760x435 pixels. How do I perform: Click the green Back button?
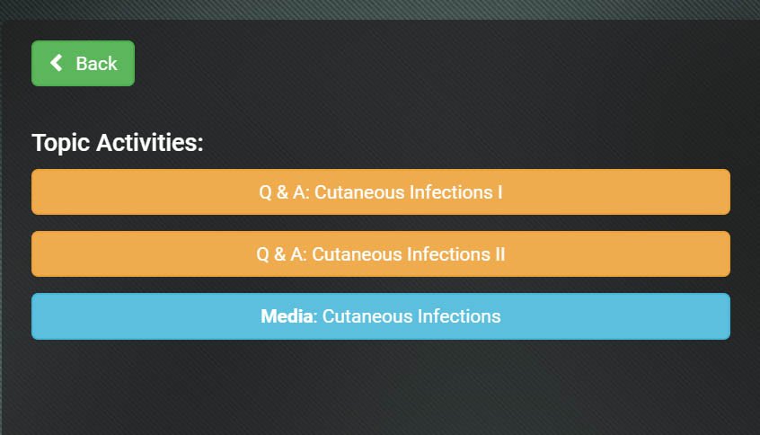(x=83, y=63)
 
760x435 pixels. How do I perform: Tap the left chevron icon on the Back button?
(x=57, y=63)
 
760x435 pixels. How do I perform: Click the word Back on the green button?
(x=96, y=64)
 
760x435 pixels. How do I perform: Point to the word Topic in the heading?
(x=60, y=143)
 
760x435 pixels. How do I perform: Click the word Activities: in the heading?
(x=150, y=143)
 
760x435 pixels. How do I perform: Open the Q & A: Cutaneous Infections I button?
(x=381, y=192)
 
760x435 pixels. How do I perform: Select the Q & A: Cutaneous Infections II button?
(x=381, y=254)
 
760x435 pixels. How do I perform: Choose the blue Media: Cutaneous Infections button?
(x=381, y=316)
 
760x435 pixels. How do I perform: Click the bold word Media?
(x=287, y=316)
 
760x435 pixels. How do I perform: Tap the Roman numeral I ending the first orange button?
(x=499, y=192)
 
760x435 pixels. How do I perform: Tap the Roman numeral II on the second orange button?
(x=499, y=254)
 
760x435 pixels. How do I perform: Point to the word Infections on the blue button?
(x=459, y=316)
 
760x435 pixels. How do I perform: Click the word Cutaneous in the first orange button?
(x=359, y=192)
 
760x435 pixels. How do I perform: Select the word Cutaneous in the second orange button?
(x=357, y=254)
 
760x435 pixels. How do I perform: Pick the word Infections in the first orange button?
(x=451, y=192)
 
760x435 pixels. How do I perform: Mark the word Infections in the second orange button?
(x=448, y=254)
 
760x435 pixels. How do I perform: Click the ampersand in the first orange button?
(x=282, y=192)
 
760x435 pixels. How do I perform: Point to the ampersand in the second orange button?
(x=279, y=254)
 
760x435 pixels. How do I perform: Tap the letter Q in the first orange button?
(x=266, y=192)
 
